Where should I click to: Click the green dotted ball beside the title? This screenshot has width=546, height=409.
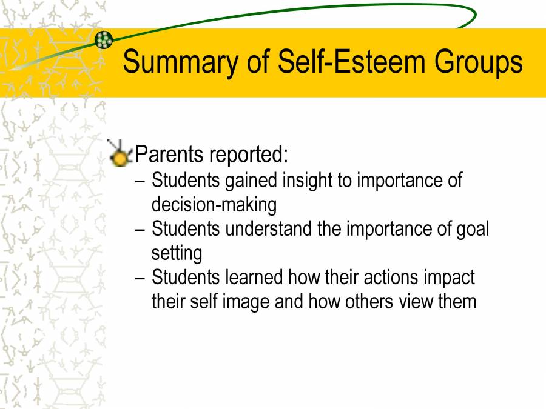pos(104,40)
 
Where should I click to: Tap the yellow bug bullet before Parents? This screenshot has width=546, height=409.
pos(120,154)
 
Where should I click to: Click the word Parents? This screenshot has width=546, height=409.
pos(169,155)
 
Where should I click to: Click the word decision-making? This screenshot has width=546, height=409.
pos(214,205)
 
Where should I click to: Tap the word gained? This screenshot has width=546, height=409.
pos(250,180)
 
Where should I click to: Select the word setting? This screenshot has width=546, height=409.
pos(177,253)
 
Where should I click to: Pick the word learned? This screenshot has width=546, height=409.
pos(254,278)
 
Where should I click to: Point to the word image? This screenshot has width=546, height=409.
pos(244,301)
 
